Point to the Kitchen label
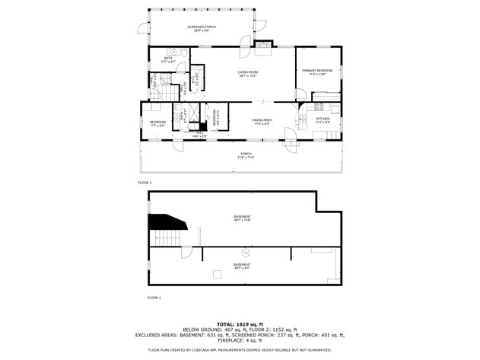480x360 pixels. (323, 119)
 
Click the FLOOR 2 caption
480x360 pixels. (145, 183)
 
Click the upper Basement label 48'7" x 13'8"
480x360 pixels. (242, 218)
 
